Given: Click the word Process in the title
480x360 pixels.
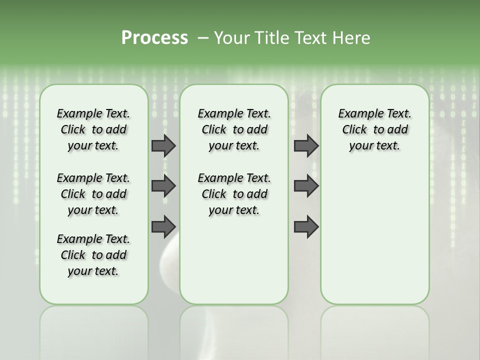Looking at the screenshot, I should coord(154,38).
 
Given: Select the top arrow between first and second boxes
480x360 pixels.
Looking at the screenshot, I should coord(163,145).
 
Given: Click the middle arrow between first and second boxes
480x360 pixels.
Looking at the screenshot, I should coord(163,186).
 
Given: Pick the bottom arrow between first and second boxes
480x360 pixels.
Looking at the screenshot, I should coord(163,226).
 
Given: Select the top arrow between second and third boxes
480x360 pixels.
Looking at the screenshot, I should coord(306,145).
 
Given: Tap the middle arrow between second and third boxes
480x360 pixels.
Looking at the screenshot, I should coord(306,186).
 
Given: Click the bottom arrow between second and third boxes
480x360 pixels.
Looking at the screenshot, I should coord(306,226).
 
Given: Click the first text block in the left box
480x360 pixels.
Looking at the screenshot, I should coord(93,129).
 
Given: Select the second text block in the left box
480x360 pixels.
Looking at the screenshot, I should coord(93,194).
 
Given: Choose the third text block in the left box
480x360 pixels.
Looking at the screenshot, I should coord(93,255).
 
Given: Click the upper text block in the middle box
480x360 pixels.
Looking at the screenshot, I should coord(234,129).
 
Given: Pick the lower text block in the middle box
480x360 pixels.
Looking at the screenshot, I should coord(234,194).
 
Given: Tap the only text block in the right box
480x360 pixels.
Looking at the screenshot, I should coord(374,129).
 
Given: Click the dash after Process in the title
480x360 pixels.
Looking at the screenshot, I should coord(203,38).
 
